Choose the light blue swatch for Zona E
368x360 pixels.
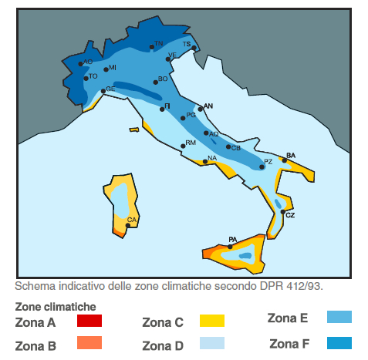tap(339, 317)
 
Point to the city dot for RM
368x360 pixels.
tap(183, 145)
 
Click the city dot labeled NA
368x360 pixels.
tap(204, 161)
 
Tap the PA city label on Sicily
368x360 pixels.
tap(231, 240)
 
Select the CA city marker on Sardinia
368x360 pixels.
tap(128, 225)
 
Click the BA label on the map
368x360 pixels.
tap(291, 155)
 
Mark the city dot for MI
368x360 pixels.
tap(105, 69)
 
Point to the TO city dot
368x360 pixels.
tap(86, 78)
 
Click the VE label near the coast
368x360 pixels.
tap(172, 55)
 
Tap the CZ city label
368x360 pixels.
tap(290, 216)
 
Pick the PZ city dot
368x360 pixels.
tap(262, 167)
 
